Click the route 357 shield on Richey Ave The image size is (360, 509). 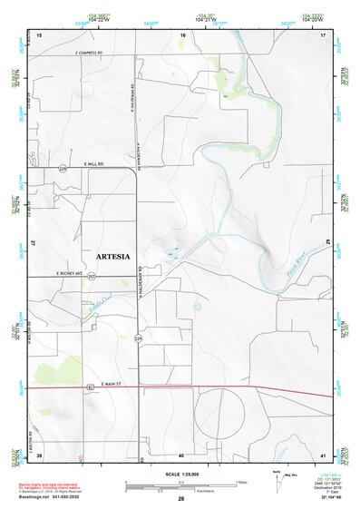click(92, 277)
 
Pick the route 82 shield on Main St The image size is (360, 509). click(90, 387)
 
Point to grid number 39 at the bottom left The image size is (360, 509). click(39, 455)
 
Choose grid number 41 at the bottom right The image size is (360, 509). click(322, 455)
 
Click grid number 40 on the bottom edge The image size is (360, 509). click(181, 455)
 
